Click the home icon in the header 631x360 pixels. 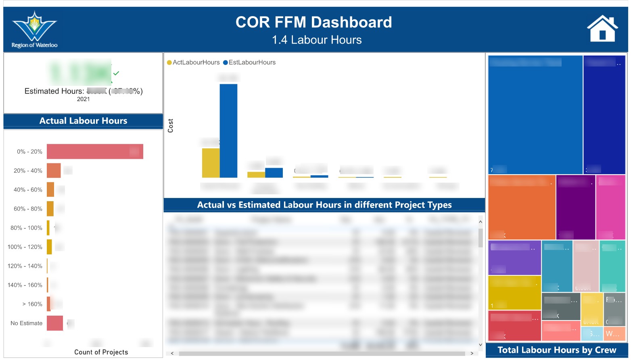(602, 29)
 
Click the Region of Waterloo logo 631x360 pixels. (34, 29)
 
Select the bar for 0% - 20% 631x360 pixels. (95, 152)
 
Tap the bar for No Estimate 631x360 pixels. (55, 323)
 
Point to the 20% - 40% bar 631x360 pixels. (54, 171)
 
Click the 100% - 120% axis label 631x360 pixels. (25, 247)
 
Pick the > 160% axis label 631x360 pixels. (32, 304)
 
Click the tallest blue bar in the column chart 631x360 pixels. (228, 131)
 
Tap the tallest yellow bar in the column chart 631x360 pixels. (211, 163)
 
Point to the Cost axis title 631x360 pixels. (170, 126)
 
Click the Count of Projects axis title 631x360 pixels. (101, 352)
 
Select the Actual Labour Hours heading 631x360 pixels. (83, 121)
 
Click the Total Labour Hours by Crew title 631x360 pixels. (557, 350)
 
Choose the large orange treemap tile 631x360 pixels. (521, 207)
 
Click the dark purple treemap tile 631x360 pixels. (575, 207)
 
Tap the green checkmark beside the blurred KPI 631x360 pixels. (116, 73)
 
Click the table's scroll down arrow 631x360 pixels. (480, 345)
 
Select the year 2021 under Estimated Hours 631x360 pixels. (84, 99)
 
